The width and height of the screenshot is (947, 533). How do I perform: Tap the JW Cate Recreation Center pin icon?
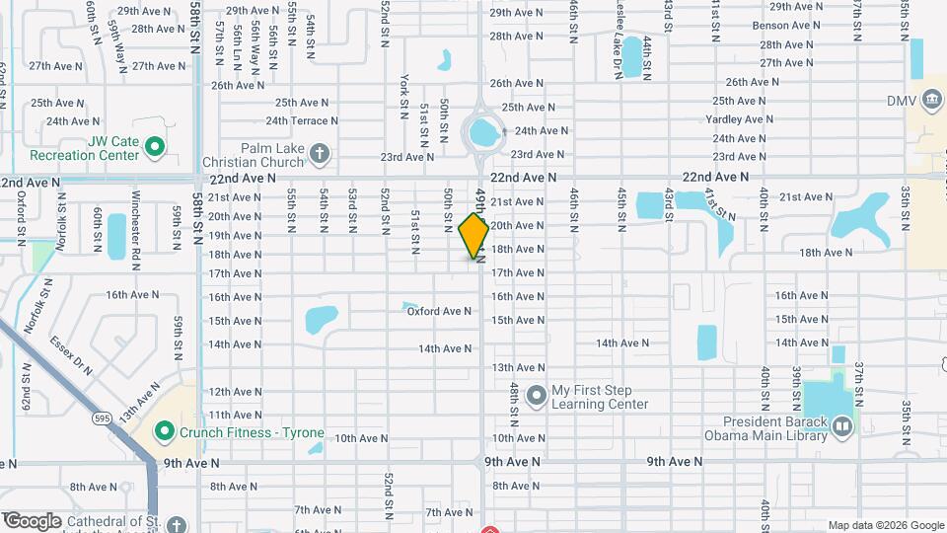(x=154, y=148)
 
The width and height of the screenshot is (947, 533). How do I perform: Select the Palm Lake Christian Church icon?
(x=318, y=153)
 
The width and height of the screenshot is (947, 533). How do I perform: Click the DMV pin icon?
(x=930, y=101)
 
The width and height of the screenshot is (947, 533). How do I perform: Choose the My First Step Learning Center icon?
(x=537, y=396)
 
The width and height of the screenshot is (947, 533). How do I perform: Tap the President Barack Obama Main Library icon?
(x=841, y=426)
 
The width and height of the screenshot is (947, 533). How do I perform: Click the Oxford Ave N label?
(x=440, y=311)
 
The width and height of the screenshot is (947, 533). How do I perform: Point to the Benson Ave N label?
(x=786, y=25)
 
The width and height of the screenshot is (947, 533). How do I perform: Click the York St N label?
(x=405, y=94)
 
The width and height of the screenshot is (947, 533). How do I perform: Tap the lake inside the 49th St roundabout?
(x=482, y=130)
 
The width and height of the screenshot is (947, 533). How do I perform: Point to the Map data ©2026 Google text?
(x=886, y=525)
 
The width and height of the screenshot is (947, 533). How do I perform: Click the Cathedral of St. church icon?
(x=176, y=524)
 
